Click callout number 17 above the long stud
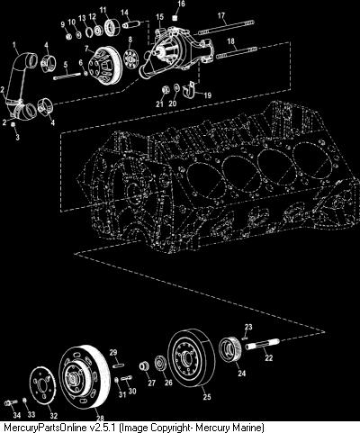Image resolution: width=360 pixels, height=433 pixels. (x=221, y=15)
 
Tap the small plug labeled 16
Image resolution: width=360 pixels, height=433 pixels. (x=175, y=18)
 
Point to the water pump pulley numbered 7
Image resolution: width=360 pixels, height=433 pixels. (x=105, y=67)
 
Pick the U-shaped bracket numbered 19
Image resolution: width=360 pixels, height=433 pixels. (x=189, y=89)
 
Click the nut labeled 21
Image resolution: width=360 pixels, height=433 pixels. (x=165, y=90)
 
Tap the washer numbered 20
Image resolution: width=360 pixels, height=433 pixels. (x=176, y=87)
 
